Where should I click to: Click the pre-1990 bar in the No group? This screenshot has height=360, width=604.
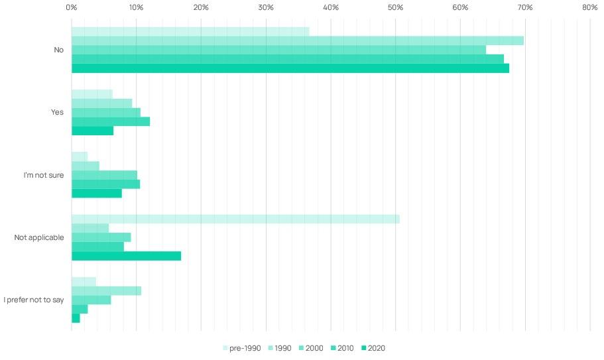(190, 32)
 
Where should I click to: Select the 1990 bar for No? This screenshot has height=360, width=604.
(298, 41)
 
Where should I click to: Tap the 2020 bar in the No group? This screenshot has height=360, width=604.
(290, 68)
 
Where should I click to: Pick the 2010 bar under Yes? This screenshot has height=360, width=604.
(111, 122)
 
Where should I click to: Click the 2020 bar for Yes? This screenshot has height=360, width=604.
(92, 131)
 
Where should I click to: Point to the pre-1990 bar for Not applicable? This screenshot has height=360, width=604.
(236, 219)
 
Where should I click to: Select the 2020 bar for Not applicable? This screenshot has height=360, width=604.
(127, 256)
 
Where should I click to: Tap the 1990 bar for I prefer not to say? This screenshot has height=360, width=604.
(106, 290)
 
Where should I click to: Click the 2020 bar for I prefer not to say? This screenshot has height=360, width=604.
(76, 318)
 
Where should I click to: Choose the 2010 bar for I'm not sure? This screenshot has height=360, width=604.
(106, 184)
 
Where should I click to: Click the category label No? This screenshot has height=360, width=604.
(58, 50)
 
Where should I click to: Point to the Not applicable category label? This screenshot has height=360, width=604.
(39, 237)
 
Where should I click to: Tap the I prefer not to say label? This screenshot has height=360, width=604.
(34, 300)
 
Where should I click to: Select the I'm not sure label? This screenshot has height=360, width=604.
(44, 175)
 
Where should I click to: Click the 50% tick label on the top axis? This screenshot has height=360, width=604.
(395, 7)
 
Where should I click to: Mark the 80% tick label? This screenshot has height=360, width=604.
(590, 7)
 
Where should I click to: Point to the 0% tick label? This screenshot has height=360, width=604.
(71, 7)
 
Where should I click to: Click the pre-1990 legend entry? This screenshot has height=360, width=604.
(242, 348)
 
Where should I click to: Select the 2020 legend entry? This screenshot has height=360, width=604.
(373, 348)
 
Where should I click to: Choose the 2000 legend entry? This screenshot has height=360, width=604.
(311, 348)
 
